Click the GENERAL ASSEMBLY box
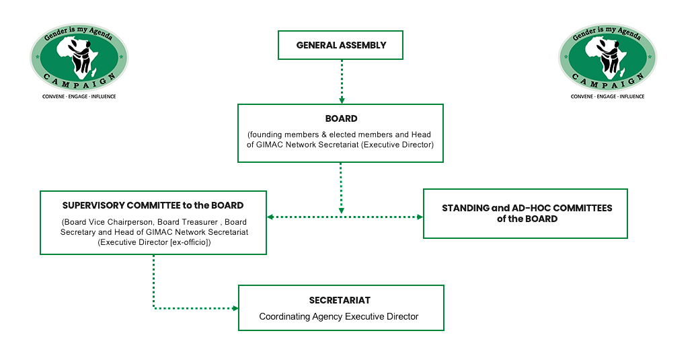click(341, 45)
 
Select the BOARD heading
click(341, 119)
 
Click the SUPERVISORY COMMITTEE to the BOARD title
click(153, 205)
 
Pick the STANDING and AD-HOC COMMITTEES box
click(526, 213)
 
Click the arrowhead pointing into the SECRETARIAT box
click(235, 308)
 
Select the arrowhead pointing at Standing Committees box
click(420, 217)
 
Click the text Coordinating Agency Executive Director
click(339, 316)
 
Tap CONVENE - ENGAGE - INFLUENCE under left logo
click(79, 97)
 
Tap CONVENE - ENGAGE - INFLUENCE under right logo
click(607, 97)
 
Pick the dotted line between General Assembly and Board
click(342, 77)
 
